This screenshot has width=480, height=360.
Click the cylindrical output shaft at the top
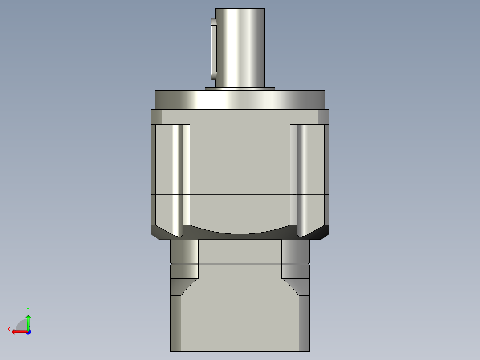coord(240,47)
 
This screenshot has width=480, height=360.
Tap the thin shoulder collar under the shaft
coord(240,89)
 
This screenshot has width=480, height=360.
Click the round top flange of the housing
coord(240,100)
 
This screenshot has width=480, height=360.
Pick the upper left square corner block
coord(156,117)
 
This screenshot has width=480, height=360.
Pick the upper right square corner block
coord(324,117)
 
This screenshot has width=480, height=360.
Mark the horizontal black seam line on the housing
coord(240,195)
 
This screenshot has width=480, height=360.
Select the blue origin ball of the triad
coord(28,331)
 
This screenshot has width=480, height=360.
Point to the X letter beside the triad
coord(8,329)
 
